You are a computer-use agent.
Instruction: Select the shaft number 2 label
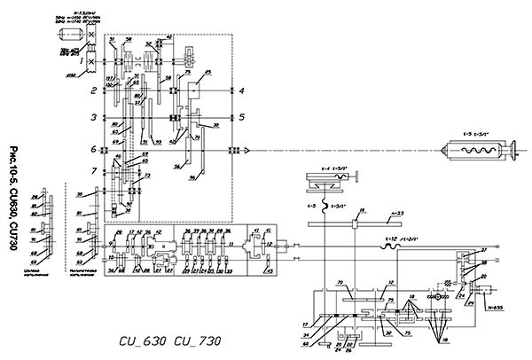[x=92, y=90]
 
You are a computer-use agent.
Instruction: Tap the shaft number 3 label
[x=92, y=117]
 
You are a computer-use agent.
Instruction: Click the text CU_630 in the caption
[x=143, y=339]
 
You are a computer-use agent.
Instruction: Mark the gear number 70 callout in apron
[x=340, y=284]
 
